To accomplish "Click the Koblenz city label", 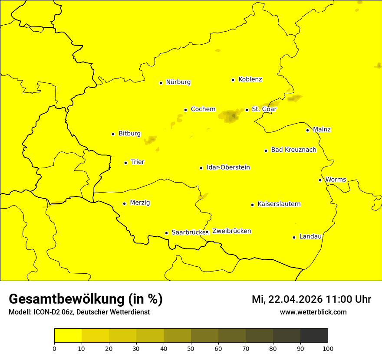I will (250, 79).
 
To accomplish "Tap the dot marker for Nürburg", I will (161, 83).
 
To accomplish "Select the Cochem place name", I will (203, 109).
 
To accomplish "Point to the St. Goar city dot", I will (247, 110).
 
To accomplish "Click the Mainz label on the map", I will (322, 130).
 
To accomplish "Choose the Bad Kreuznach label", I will (293, 150).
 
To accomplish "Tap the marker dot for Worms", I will (320, 180).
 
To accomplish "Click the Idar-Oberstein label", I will (228, 167).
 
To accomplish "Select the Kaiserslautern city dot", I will (252, 205).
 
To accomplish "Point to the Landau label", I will (310, 237).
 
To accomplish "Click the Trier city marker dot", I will (125, 163).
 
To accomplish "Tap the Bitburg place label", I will (129, 134).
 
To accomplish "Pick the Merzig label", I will (140, 203).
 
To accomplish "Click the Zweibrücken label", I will (231, 231).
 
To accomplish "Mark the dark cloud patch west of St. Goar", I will (231, 116).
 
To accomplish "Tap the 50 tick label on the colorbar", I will (191, 349).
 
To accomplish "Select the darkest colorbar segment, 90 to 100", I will (314, 336).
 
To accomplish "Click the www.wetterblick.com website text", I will (313, 312).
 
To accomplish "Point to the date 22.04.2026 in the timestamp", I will (296, 299).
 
